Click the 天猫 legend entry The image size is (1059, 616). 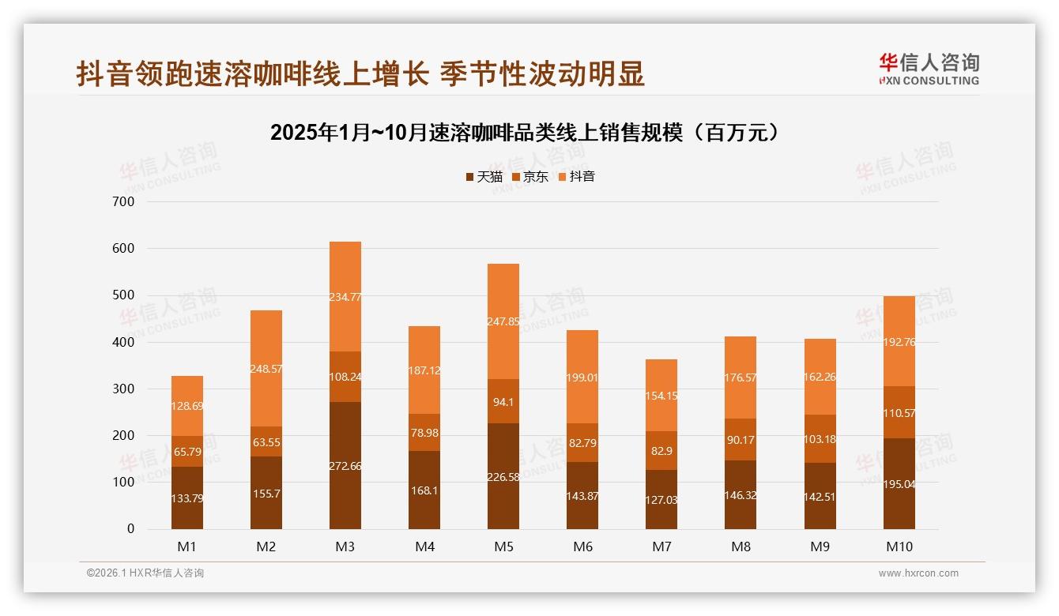point(484,177)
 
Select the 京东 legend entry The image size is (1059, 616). point(530,177)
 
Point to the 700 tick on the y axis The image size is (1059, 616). point(124,202)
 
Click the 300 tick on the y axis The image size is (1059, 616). point(124,389)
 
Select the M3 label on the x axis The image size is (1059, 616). point(345,547)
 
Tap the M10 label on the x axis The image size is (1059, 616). point(899,547)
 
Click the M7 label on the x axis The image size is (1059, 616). point(661,547)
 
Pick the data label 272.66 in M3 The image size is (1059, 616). point(345,466)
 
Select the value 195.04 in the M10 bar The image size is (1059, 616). point(899,484)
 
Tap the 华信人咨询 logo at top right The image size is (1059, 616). point(929,69)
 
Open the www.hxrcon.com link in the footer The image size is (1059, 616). point(918,573)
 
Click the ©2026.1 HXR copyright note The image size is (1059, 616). point(145,573)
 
